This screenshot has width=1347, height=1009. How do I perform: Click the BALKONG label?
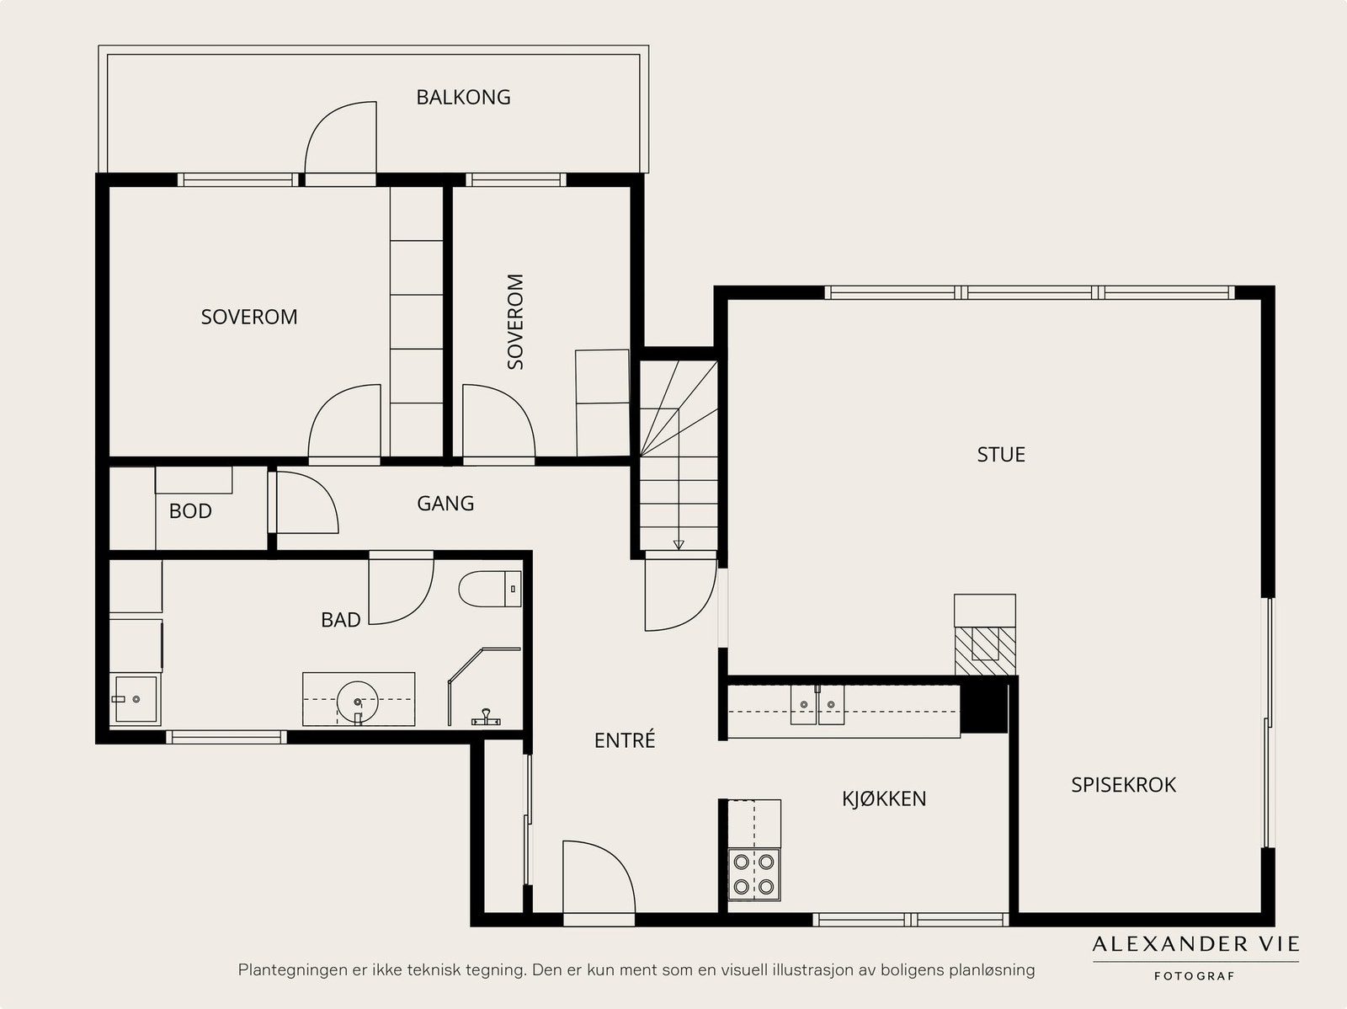coord(463,97)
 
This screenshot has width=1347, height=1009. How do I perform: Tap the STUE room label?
coord(1001,455)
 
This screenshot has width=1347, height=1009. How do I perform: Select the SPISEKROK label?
coord(1124,785)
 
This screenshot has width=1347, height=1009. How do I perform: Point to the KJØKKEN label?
coord(884,798)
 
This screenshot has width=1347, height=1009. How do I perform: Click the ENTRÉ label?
coord(625,740)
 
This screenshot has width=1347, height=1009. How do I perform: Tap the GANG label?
coord(445,504)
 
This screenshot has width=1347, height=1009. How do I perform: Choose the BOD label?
coord(190,511)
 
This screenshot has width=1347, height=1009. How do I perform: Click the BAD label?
coord(341,620)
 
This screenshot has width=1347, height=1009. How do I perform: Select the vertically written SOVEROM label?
coord(515,322)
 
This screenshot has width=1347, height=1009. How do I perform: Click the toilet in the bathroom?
coord(490,590)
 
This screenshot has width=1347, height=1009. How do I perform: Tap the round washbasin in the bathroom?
coord(358,702)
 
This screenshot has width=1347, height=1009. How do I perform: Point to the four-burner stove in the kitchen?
coord(754,874)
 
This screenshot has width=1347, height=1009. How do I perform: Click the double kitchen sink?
coord(817,705)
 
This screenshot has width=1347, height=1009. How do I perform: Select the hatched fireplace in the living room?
coord(985,650)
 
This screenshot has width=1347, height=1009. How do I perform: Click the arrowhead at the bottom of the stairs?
coord(679,545)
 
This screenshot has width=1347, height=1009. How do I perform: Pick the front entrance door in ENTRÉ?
coord(599,883)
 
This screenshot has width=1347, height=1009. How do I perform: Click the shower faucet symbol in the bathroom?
coord(486,718)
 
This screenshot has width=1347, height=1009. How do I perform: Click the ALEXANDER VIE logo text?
coord(1195,944)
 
